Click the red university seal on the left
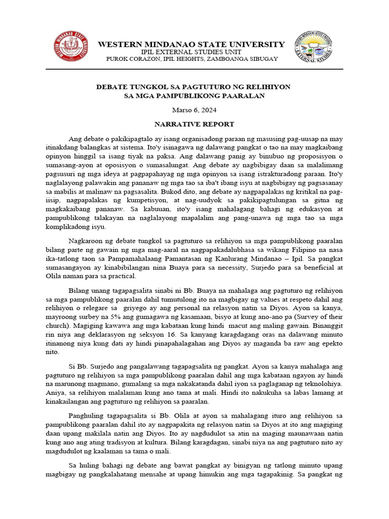pos(70,47)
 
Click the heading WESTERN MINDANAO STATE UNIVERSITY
pos(191,45)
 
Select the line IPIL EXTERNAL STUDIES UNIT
pos(191,52)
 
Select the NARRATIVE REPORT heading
pos(194,124)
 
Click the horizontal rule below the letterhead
pos(194,69)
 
